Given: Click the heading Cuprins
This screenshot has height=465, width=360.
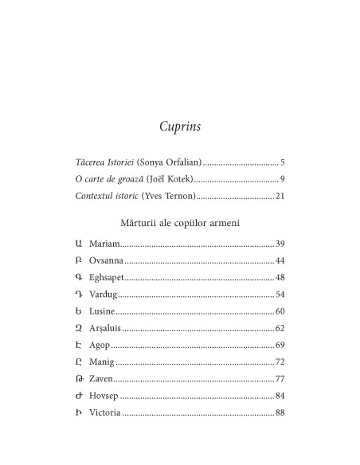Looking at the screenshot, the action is coord(179,126).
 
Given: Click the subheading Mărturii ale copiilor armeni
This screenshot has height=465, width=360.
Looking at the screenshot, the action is coord(179,222).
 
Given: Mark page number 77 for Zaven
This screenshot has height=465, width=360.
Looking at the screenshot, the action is coord(280,379).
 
